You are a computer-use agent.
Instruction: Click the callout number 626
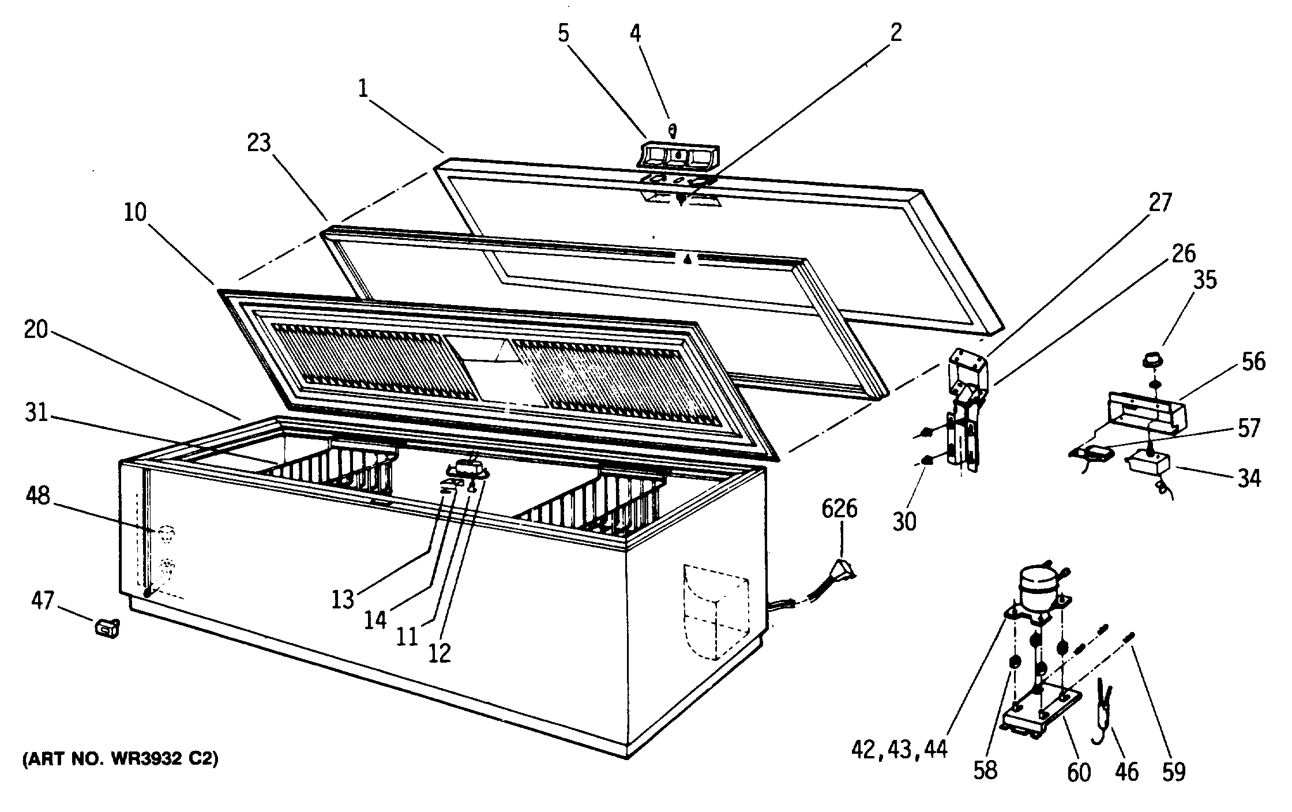840,510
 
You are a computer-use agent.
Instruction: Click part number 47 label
43,601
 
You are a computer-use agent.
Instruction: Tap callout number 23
259,142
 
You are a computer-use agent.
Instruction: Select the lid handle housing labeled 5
678,155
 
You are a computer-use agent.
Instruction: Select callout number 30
904,521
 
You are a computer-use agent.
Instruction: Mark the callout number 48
38,495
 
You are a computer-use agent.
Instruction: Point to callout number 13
342,600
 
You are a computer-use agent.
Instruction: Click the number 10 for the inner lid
135,212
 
